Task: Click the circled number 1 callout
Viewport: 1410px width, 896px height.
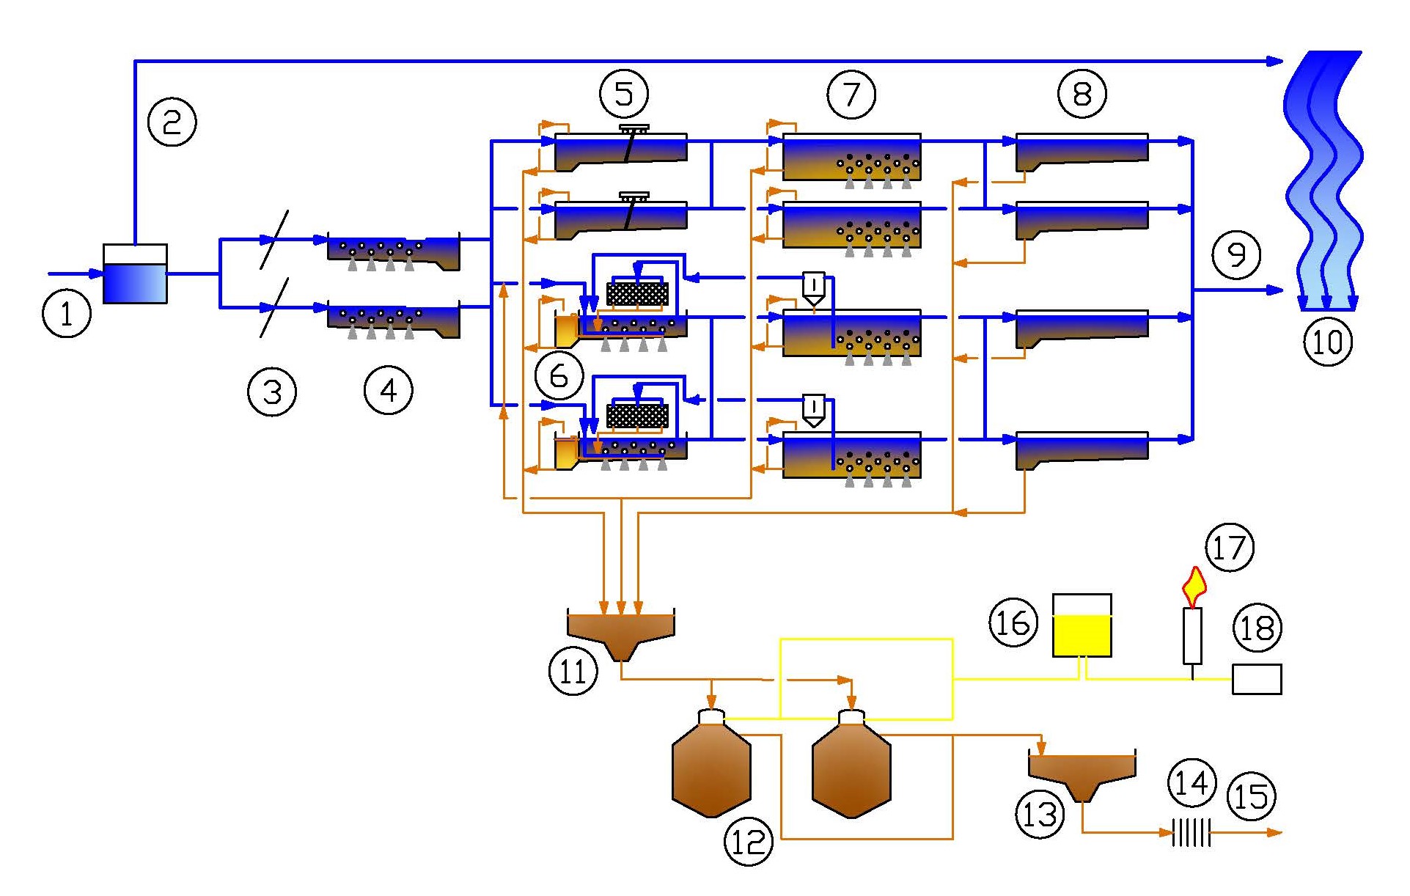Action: [x=67, y=314]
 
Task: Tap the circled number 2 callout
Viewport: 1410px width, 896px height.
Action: [x=172, y=121]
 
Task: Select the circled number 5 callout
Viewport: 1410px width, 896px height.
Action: [x=624, y=93]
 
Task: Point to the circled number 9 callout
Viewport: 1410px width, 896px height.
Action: [x=1236, y=254]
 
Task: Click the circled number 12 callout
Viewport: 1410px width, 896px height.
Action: [x=749, y=841]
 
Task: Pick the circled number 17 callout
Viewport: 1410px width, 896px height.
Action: [x=1230, y=548]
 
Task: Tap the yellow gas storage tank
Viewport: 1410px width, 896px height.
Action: [x=1082, y=625]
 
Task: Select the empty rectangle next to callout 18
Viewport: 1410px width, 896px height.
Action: [x=1257, y=679]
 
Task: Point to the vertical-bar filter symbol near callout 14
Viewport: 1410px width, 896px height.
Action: [x=1191, y=833]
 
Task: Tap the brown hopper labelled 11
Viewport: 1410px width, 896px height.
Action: [x=621, y=634]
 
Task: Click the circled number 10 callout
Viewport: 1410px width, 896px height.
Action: [x=1328, y=342]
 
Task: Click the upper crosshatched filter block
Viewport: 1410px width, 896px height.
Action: [x=637, y=294]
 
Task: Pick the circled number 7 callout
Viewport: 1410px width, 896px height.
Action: [x=851, y=94]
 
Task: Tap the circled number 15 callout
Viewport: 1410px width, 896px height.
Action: [x=1252, y=797]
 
